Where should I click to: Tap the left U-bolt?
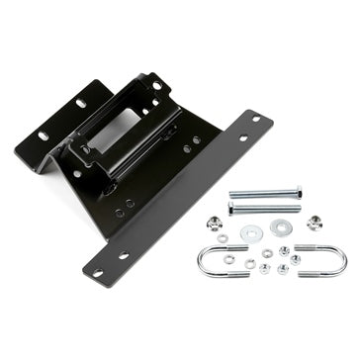pyautogui.click(x=223, y=261)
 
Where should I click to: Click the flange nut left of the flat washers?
pyautogui.click(x=216, y=223)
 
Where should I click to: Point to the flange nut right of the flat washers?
pyautogui.click(x=315, y=223)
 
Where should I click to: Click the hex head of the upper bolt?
pyautogui.click(x=232, y=194)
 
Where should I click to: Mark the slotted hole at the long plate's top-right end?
pyautogui.click(x=255, y=120)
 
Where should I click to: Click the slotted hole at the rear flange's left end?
pyautogui.click(x=44, y=135)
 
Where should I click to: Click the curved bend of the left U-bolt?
pyautogui.click(x=201, y=262)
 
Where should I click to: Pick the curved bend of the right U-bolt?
pyautogui.click(x=342, y=262)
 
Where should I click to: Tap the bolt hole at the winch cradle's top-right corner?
pyautogui.click(x=156, y=86)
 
